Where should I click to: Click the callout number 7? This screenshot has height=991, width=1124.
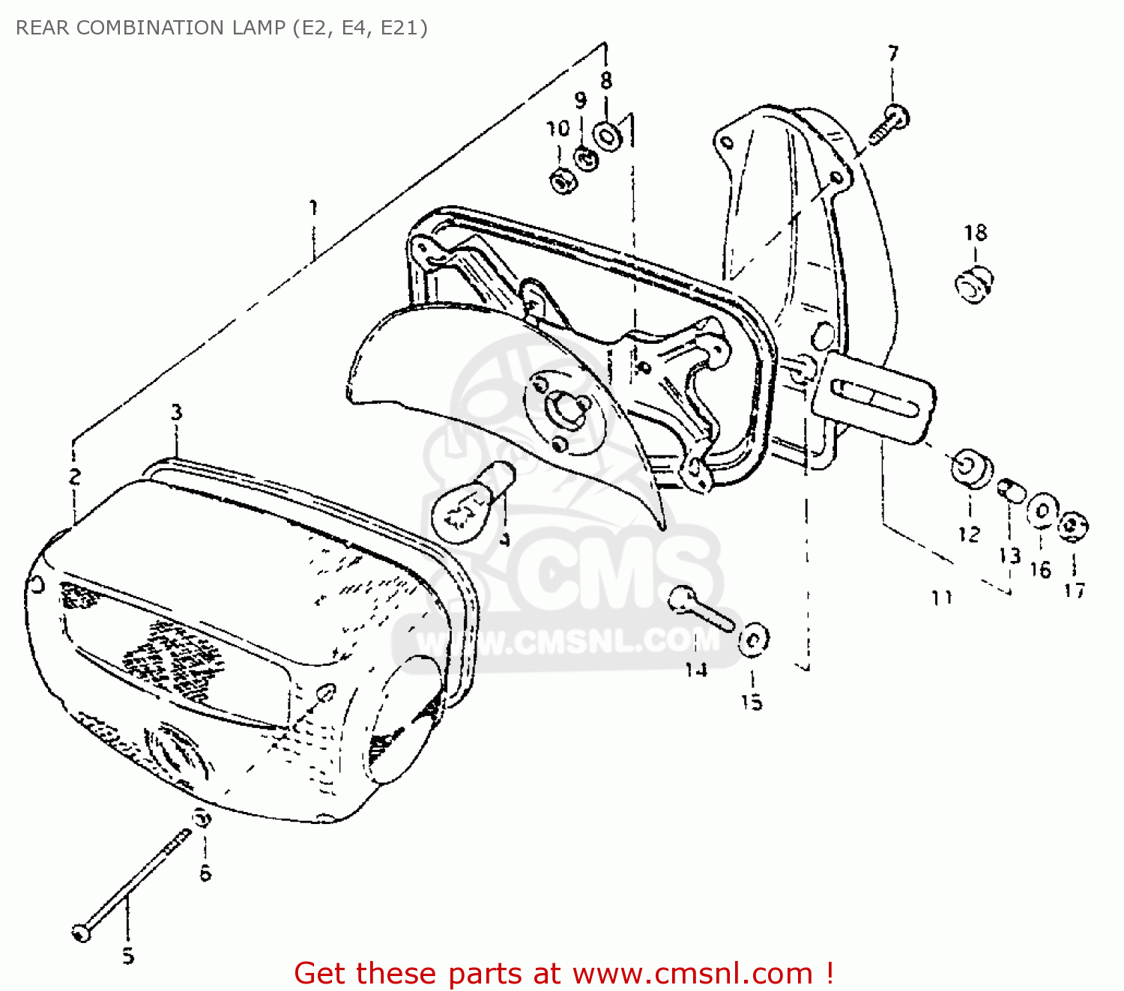(892, 54)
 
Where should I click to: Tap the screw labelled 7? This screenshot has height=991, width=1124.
(889, 125)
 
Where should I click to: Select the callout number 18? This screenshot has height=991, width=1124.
(976, 233)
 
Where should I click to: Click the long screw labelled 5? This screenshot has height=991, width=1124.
(131, 883)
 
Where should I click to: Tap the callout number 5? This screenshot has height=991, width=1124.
(128, 956)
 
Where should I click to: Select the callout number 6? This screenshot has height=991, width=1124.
(205, 873)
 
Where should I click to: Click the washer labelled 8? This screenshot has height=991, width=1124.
(607, 136)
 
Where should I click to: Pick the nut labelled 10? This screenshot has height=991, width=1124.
(563, 181)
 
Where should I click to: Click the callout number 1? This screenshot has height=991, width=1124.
(314, 207)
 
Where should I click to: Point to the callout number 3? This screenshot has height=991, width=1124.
(176, 412)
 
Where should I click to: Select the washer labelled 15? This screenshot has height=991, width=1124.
(753, 640)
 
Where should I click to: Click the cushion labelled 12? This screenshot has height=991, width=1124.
(971, 469)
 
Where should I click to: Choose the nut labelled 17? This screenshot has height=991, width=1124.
(1073, 526)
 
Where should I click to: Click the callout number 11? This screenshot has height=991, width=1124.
(942, 598)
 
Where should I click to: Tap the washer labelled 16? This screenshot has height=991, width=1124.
(1042, 511)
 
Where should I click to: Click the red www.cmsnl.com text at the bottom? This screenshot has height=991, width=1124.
(692, 973)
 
